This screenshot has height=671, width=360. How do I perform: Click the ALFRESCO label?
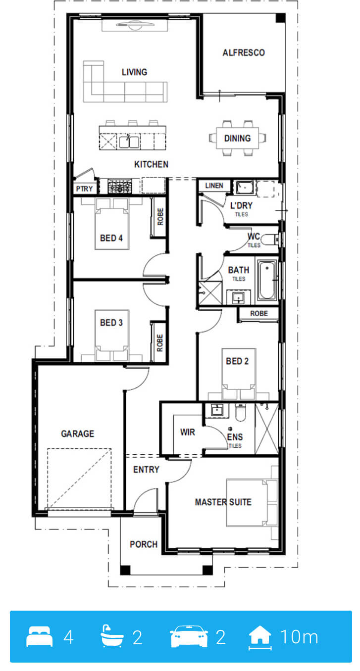tap(244, 53)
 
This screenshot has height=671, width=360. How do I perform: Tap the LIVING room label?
tap(134, 72)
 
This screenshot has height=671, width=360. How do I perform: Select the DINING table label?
tap(237, 139)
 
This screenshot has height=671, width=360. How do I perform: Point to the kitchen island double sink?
tap(129, 142)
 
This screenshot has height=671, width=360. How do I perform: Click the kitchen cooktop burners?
tap(120, 187)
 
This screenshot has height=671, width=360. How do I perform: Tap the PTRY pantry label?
tap(84, 189)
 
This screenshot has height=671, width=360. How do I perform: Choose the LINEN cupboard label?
tap(214, 186)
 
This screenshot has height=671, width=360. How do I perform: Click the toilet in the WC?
tap(270, 240)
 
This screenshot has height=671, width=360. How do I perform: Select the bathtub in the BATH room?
tap(267, 281)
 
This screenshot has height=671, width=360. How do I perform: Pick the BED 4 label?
tap(111, 238)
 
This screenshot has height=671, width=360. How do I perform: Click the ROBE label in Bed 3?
tap(160, 343)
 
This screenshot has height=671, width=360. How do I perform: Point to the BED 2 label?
tap(237, 361)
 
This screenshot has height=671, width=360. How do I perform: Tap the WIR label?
tap(188, 432)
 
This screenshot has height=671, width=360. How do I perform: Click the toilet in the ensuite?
tap(240, 412)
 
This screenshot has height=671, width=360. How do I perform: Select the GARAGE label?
tap(78, 434)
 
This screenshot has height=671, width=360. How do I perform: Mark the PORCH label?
tap(144, 544)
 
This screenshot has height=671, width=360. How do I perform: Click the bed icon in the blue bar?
tap(39, 636)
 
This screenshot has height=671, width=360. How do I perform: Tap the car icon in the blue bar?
tap(189, 636)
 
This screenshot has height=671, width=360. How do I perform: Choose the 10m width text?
tap(299, 637)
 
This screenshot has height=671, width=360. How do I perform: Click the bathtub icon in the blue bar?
tap(112, 636)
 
